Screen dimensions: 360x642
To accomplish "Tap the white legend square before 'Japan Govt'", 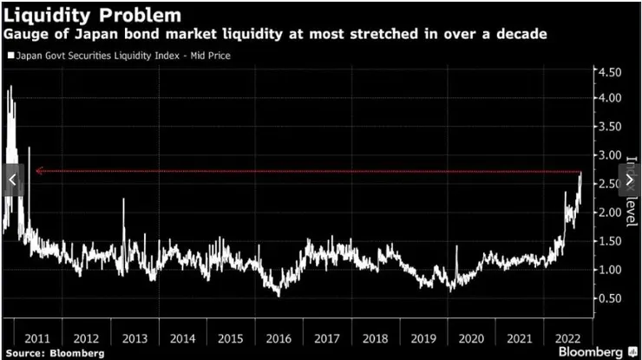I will (10, 56).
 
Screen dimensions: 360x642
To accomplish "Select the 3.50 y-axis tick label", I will (609, 127).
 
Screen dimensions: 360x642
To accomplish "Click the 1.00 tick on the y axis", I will (609, 270).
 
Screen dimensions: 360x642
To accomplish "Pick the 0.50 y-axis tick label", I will (609, 298).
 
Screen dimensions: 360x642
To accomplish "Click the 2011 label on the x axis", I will (43, 338).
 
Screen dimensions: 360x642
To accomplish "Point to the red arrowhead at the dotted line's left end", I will (37, 172).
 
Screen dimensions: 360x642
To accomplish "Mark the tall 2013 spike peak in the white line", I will (123, 200).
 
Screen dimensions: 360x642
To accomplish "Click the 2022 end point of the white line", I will (580, 173).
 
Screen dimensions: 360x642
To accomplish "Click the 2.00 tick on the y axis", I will (609, 213).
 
